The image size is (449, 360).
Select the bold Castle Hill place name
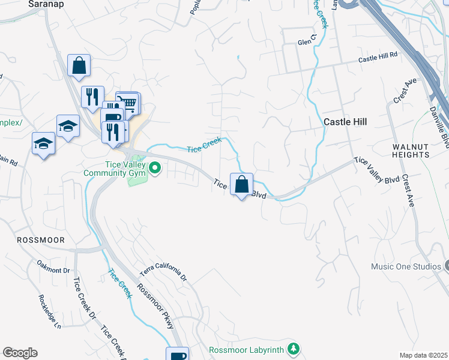click(345, 121)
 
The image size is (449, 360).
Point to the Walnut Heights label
click(411, 151)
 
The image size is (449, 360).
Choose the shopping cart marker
click(128, 103)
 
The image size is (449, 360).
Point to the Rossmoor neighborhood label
click(40, 239)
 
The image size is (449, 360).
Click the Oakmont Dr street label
click(54, 266)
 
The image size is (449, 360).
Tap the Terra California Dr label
click(163, 273)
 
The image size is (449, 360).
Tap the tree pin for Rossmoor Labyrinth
click(294, 348)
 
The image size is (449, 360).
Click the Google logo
click(20, 353)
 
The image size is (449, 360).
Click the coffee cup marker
click(178, 355)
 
